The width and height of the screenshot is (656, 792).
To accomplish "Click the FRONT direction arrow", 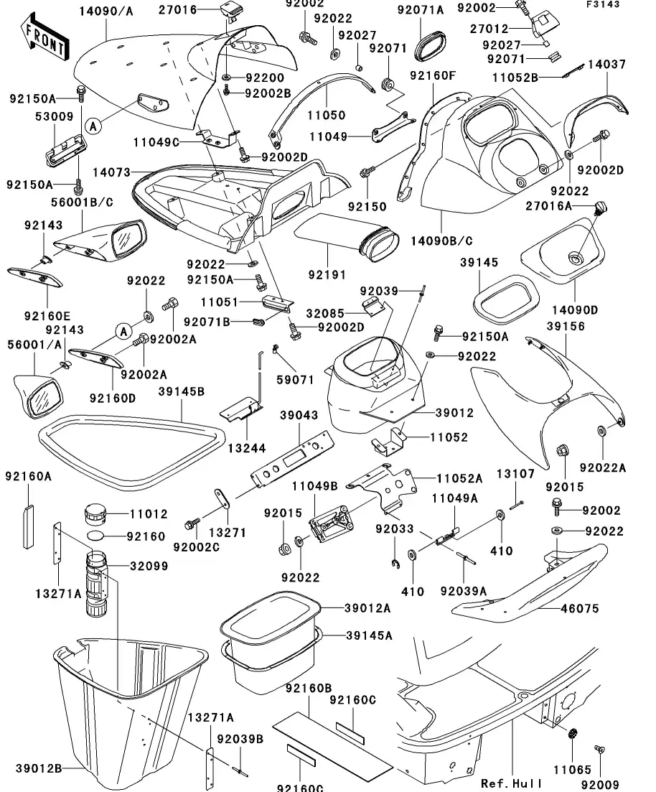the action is pyautogui.click(x=44, y=37).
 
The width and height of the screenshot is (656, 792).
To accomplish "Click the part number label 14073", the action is pyautogui.click(x=111, y=173).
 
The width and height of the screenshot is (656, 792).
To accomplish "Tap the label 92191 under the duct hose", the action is pyautogui.click(x=327, y=275).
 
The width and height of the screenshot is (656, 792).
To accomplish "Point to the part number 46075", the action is pyautogui.click(x=580, y=609).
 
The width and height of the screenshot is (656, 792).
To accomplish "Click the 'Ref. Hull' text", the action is pyautogui.click(x=512, y=783).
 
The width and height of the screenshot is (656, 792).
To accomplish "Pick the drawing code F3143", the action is pyautogui.click(x=603, y=4).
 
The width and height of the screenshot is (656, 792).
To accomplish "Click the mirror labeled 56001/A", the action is pyautogui.click(x=38, y=397).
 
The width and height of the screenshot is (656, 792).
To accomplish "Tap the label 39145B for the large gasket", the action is pyautogui.click(x=182, y=391).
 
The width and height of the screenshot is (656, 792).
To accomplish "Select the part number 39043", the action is pyautogui.click(x=299, y=415).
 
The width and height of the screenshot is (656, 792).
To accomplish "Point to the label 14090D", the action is pyautogui.click(x=575, y=310).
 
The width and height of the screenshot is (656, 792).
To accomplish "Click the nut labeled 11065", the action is pyautogui.click(x=572, y=734).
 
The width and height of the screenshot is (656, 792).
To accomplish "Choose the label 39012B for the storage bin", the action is pyautogui.click(x=39, y=769).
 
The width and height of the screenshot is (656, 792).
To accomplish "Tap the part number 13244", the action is pyautogui.click(x=247, y=447).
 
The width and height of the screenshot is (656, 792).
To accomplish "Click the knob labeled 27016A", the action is pyautogui.click(x=600, y=208).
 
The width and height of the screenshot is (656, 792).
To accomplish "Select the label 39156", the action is pyautogui.click(x=565, y=326).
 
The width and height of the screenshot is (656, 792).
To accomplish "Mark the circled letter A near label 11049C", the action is pyautogui.click(x=93, y=126).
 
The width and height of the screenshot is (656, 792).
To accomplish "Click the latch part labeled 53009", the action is pyautogui.click(x=65, y=150).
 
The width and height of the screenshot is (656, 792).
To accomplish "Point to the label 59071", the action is pyautogui.click(x=296, y=379).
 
